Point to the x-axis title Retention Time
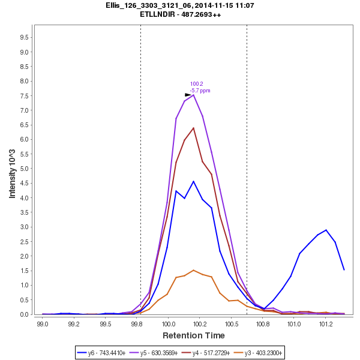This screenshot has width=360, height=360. click(x=193, y=335)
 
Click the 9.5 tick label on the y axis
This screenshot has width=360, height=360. click(x=24, y=37)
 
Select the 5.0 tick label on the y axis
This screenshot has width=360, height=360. click(x=24, y=169)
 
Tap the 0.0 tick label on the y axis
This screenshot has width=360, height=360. click(x=24, y=314)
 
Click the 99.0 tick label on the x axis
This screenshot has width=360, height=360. click(x=43, y=323)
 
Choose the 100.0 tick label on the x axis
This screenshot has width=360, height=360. click(x=169, y=323)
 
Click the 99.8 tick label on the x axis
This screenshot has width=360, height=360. click(x=137, y=323)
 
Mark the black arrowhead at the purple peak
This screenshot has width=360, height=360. click(x=188, y=95)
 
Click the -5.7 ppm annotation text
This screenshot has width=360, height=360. click(x=200, y=91)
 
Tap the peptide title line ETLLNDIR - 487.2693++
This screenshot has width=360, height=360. click(x=179, y=14)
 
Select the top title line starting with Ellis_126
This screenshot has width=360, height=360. click(x=179, y=5)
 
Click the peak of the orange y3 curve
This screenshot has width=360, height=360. click(x=193, y=270)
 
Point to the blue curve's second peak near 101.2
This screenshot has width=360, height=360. click(x=326, y=230)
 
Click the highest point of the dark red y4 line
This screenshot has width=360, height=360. click(x=193, y=127)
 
